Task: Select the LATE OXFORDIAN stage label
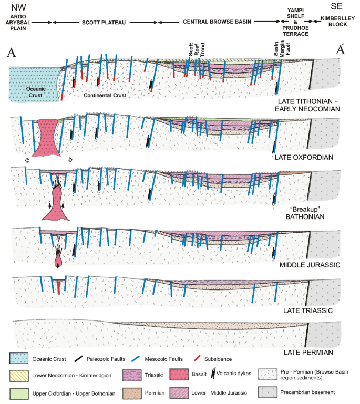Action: coord(304,157)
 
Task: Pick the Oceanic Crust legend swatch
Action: coord(18,359)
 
